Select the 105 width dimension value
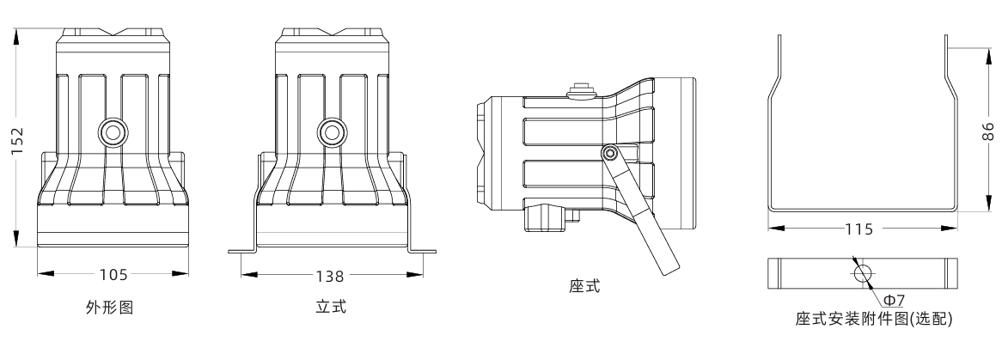113,275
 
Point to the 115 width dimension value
859,229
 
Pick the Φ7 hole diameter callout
893,298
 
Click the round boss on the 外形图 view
112,132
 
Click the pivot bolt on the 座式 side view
609,153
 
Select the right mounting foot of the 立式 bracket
422,252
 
